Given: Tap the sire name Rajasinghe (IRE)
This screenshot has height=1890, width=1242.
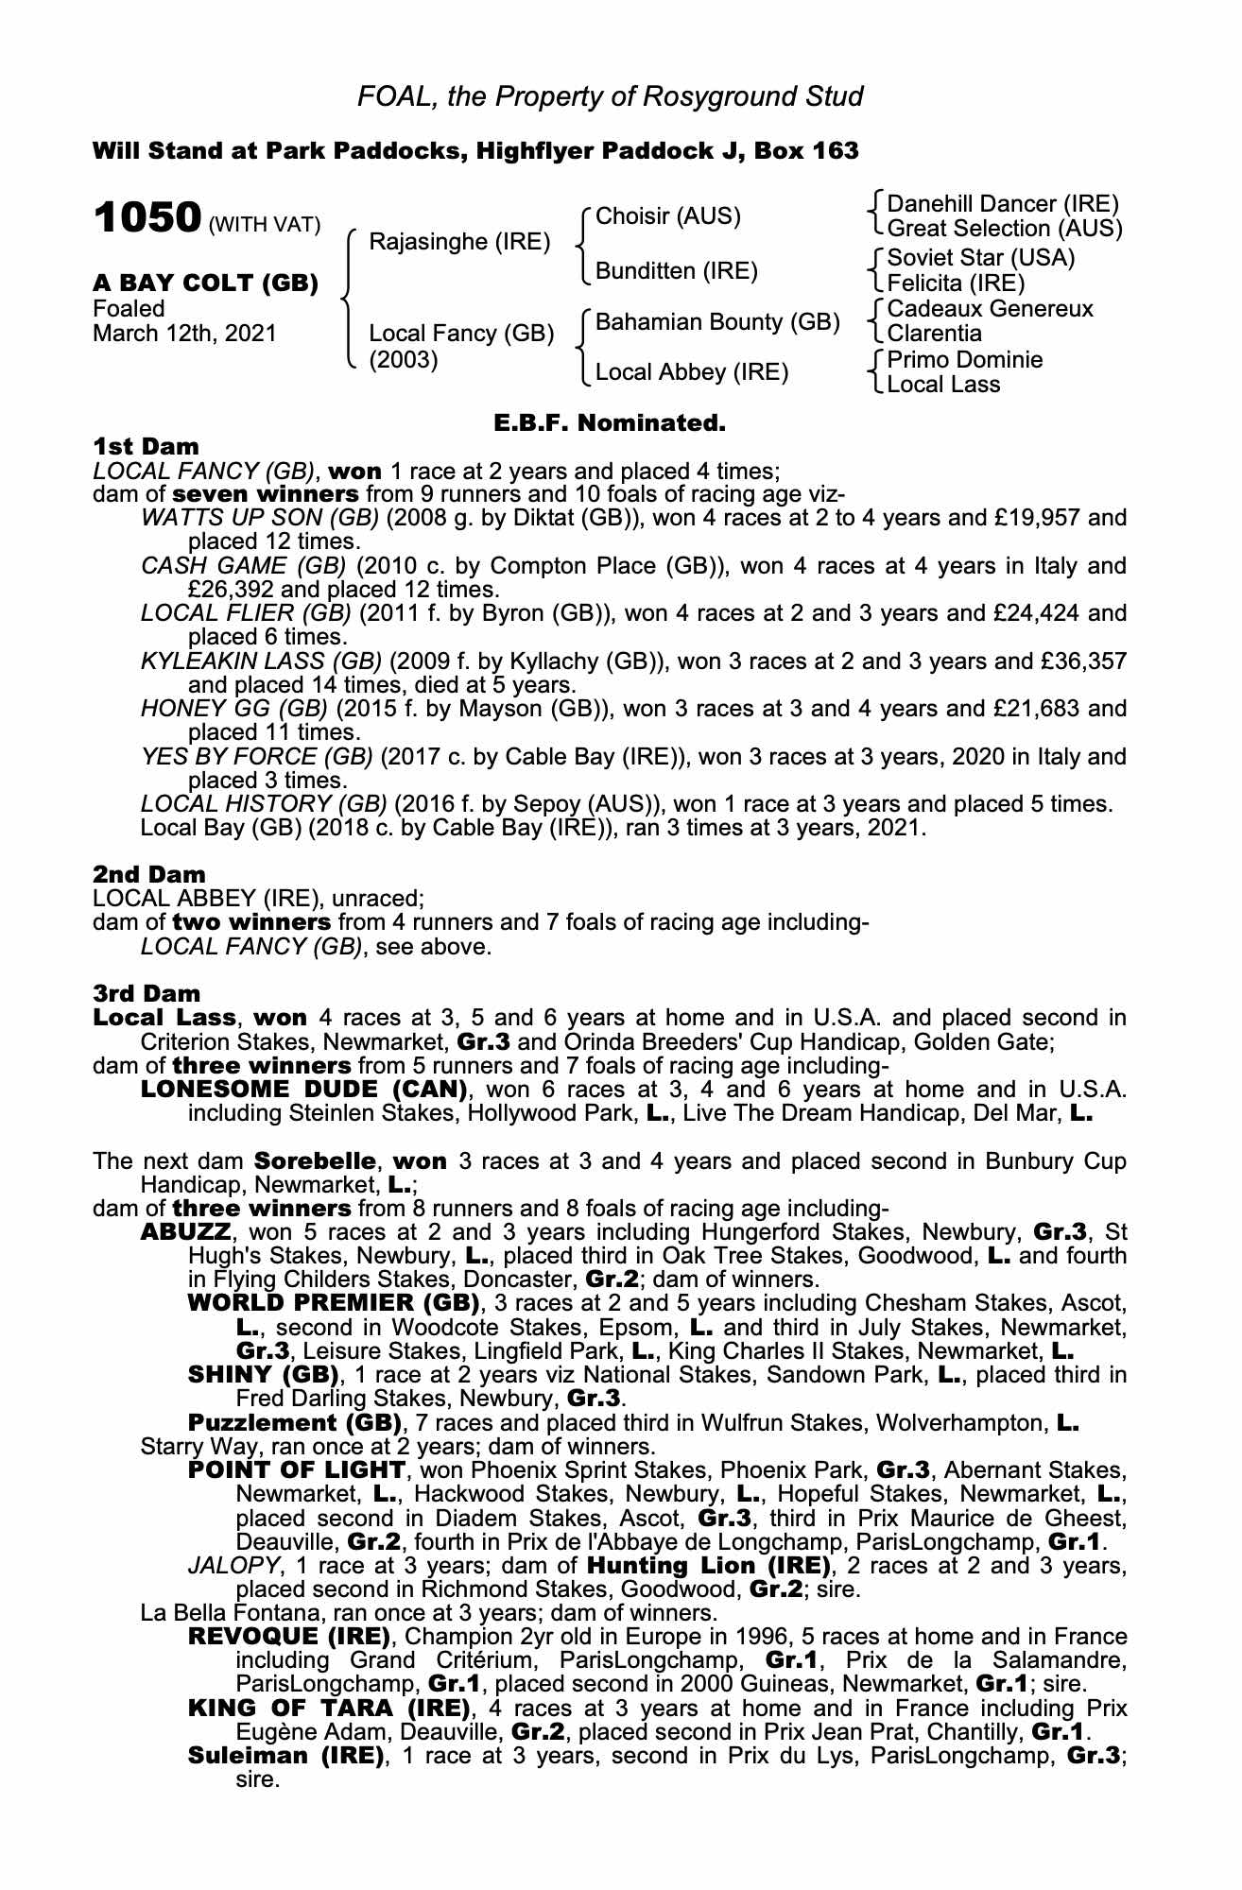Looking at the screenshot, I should [x=459, y=241].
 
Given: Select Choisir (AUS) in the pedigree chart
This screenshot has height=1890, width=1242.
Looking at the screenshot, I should [x=668, y=216].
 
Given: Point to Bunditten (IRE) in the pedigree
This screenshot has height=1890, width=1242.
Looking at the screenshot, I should [x=676, y=271].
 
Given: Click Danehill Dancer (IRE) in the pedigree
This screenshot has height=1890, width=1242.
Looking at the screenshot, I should [x=1003, y=204].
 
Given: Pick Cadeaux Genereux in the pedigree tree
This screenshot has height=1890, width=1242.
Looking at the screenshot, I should [x=990, y=309].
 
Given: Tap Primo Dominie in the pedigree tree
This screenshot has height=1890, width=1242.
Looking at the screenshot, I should [x=965, y=360].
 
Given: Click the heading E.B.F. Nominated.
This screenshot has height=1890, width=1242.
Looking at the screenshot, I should [x=610, y=423].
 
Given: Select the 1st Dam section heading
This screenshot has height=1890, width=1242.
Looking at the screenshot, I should [x=146, y=446].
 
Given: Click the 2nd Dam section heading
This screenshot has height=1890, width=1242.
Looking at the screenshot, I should [x=148, y=874].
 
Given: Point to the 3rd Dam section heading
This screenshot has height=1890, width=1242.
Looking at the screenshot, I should [x=147, y=993].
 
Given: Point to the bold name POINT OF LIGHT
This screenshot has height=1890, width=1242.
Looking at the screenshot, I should [x=297, y=1470].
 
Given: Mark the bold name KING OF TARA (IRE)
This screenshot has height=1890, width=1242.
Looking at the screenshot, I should [x=329, y=1709].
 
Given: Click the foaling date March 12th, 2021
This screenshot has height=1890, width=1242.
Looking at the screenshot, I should [x=185, y=333].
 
